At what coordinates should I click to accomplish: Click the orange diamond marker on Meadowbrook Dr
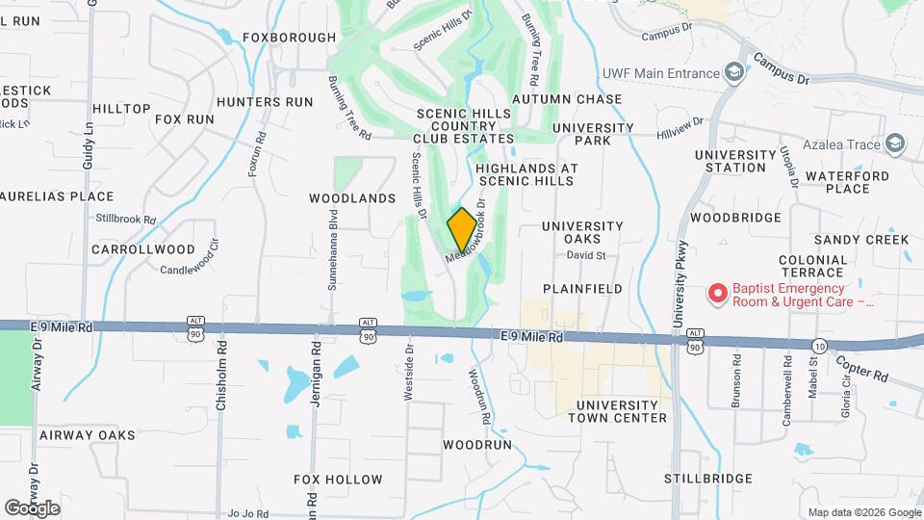point(462,230)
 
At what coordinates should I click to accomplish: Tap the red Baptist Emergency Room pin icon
point(716,294)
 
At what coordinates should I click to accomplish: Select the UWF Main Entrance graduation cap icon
point(734,73)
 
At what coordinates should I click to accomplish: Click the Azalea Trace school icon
point(895,144)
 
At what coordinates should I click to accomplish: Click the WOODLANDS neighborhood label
point(352,198)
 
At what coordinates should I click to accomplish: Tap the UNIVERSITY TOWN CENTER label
point(617,411)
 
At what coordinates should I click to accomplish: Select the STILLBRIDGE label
point(707,479)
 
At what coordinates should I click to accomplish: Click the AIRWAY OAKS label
point(88,435)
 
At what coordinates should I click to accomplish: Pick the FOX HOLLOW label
point(338,480)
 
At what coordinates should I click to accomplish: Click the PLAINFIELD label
point(582,289)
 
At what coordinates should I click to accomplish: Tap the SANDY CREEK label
point(861,240)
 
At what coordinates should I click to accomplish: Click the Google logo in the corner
point(32,507)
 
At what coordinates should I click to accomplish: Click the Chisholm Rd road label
point(221,376)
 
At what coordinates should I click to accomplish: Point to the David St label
point(585,256)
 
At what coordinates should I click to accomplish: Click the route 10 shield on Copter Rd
point(819,346)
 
